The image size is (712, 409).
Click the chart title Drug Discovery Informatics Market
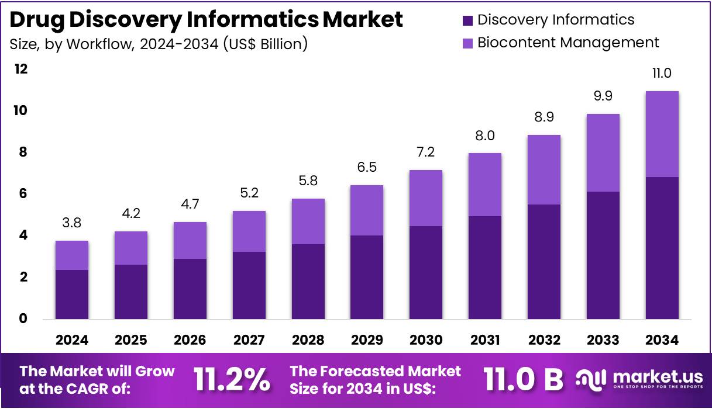pyautogui.click(x=207, y=19)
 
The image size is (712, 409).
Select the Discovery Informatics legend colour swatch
pyautogui.click(x=467, y=20)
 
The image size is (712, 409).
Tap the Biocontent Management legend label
pyautogui.click(x=567, y=43)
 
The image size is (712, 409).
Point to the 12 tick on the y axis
pyautogui.click(x=21, y=69)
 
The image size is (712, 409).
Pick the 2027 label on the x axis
pyautogui.click(x=249, y=340)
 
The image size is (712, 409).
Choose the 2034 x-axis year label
pyautogui.click(x=662, y=340)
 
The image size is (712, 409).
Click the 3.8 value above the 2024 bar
pyautogui.click(x=72, y=223)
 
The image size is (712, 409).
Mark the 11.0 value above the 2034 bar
pyautogui.click(x=662, y=73)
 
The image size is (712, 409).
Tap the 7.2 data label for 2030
pyautogui.click(x=426, y=152)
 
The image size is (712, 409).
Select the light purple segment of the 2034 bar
pyautogui.click(x=662, y=134)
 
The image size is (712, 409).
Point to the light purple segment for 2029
pyautogui.click(x=367, y=210)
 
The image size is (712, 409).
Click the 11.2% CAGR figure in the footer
pyautogui.click(x=232, y=380)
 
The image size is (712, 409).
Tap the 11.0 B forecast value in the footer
pyautogui.click(x=523, y=380)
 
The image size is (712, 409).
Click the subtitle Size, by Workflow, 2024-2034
pyautogui.click(x=159, y=44)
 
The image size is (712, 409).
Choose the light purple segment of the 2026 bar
pyautogui.click(x=190, y=240)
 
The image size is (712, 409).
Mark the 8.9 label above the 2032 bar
pyautogui.click(x=544, y=117)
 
